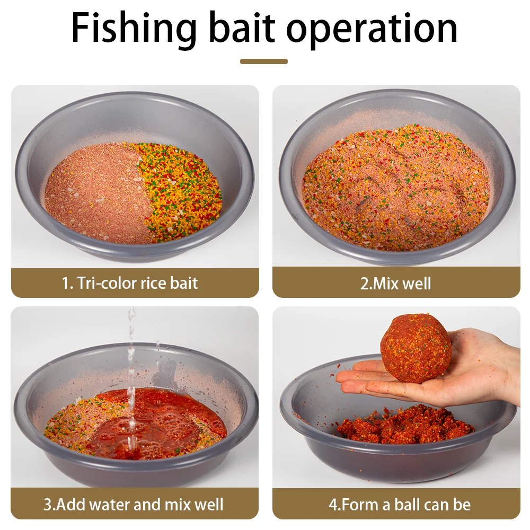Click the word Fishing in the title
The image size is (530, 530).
tap(134, 29)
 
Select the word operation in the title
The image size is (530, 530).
tap(372, 30)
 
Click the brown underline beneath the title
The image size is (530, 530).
tap(263, 61)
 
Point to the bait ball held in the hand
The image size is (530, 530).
tap(416, 348)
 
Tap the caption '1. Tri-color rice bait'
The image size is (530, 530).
tap(130, 283)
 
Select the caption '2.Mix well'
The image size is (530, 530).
tap(395, 284)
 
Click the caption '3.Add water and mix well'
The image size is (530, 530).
tap(134, 505)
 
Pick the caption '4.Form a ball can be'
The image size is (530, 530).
tap(400, 505)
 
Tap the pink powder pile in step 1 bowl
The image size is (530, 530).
tap(96, 193)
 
